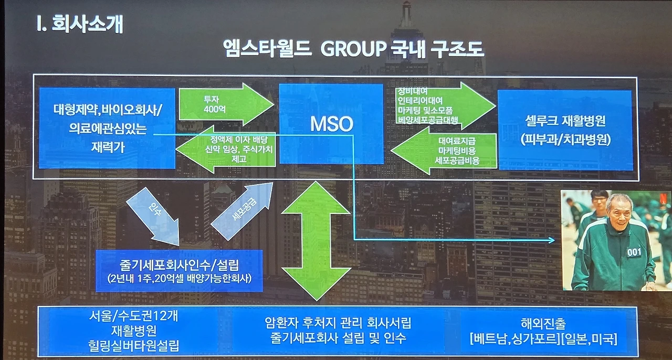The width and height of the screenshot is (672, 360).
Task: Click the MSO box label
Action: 331,124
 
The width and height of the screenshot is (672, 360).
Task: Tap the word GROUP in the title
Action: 352,49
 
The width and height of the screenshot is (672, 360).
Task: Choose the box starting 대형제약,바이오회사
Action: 107,128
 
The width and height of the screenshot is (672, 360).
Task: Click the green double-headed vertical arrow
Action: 316,241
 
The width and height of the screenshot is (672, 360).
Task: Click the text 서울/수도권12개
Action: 133,317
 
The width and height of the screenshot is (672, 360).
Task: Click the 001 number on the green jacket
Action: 633,252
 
